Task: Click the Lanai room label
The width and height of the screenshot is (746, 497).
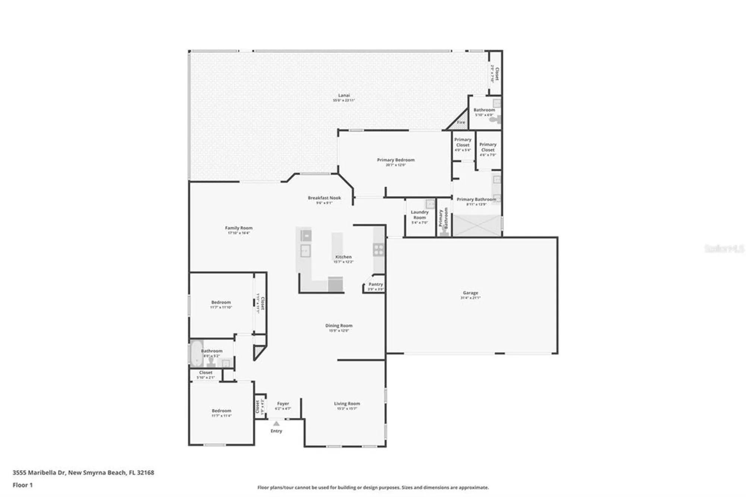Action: click(344, 96)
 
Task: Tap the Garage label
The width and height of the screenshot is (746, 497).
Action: click(470, 293)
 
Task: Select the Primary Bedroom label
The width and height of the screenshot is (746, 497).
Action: click(395, 160)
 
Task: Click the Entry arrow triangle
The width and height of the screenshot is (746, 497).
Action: click(276, 423)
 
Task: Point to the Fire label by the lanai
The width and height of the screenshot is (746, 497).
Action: click(461, 122)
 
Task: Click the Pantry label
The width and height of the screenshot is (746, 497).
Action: click(376, 284)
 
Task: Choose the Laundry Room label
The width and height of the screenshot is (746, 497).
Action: click(420, 215)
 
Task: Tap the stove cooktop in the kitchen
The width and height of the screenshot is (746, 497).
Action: click(379, 250)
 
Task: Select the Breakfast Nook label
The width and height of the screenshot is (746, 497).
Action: click(324, 198)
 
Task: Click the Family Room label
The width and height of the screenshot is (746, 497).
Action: click(239, 228)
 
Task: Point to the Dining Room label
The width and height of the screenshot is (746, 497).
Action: click(339, 326)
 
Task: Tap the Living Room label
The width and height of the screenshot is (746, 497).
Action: click(347, 404)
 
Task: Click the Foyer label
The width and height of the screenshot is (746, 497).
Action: click(283, 404)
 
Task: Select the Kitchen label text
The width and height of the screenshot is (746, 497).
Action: click(343, 257)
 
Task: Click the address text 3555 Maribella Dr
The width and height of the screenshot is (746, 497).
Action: click(83, 473)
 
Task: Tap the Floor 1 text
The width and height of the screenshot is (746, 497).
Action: click(23, 485)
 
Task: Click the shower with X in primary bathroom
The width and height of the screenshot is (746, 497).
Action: click(477, 225)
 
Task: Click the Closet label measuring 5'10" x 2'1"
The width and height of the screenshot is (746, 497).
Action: click(206, 373)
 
